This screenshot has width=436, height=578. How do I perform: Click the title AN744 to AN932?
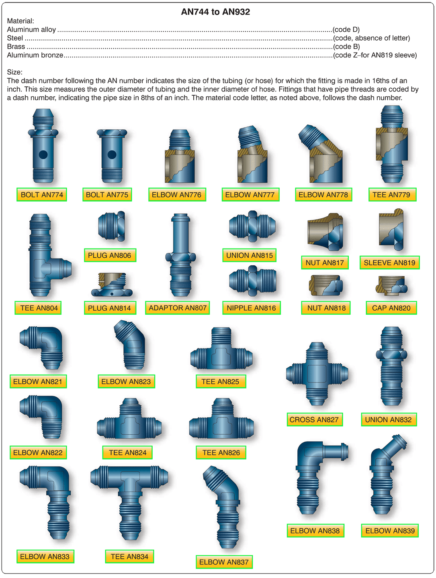coord(215,12)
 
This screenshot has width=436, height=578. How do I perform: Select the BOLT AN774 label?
coord(42,195)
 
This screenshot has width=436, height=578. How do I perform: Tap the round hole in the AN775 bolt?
coord(112,154)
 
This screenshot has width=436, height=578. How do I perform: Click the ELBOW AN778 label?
coord(323,195)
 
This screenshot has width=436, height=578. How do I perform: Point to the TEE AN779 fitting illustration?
coord(392,144)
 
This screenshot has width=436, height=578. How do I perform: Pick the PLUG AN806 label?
coord(110,255)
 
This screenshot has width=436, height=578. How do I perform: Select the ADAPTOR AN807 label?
coord(178,308)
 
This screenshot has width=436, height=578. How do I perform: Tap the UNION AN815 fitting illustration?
coord(252,226)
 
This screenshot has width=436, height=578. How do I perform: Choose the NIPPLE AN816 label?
coord(251,308)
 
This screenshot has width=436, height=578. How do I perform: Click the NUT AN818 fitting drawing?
coord(326,285)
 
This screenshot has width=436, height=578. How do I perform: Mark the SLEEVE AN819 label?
coord(389,263)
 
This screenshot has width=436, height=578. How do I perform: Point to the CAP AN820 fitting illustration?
coord(391,285)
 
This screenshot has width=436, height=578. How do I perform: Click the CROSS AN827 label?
coord(314,419)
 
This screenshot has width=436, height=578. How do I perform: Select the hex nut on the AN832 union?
coord(391,354)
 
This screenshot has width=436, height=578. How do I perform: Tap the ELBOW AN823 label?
coord(126,381)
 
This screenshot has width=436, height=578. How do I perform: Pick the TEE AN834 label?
coord(129,557)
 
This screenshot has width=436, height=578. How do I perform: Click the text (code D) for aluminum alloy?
coord(346,30)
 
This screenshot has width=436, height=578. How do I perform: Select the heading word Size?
coord(15,72)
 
